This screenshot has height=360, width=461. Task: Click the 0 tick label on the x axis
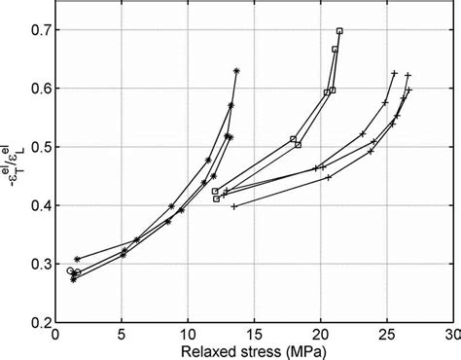[x=55, y=334]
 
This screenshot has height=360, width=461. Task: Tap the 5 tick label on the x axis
[x=122, y=334]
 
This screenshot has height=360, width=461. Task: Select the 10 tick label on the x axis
[x=188, y=334]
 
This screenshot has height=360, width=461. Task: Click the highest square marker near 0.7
[x=339, y=31]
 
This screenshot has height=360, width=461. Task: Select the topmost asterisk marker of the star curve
[x=236, y=70]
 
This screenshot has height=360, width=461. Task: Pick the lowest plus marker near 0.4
[x=233, y=206]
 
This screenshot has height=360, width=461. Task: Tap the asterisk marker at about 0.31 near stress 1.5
[x=77, y=259]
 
